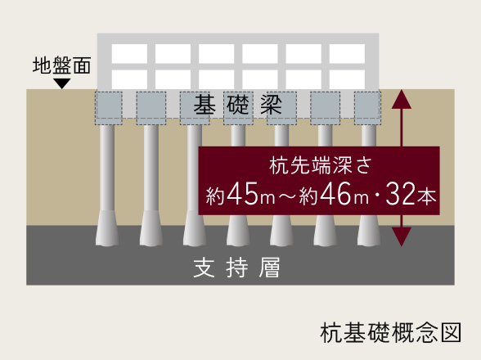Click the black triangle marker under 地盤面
[62, 83]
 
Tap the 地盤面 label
[61, 65]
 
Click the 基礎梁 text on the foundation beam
[238, 105]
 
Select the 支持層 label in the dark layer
[237, 268]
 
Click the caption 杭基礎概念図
[391, 332]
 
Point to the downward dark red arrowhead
[402, 237]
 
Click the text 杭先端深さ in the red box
[321, 166]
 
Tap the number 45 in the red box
[242, 193]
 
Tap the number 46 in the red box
[335, 193]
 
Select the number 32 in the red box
[400, 193]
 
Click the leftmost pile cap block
[109, 108]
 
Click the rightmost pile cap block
[367, 108]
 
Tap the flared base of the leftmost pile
[107, 228]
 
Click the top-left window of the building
[129, 53]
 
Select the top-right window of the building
[347, 53]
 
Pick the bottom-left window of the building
[129, 79]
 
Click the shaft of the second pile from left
[151, 168]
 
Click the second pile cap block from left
[151, 108]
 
